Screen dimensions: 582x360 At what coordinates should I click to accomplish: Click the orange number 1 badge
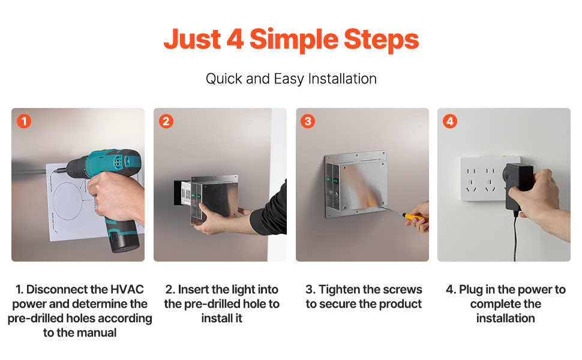pyautogui.click(x=24, y=121)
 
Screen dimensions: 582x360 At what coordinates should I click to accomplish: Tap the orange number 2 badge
pyautogui.click(x=166, y=121)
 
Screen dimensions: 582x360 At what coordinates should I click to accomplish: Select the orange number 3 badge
pyautogui.click(x=308, y=121)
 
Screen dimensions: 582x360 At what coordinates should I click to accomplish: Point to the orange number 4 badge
pyautogui.click(x=450, y=121)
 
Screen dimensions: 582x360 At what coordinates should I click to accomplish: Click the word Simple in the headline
pyautogui.click(x=293, y=40)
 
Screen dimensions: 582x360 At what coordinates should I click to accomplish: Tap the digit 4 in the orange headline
pyautogui.click(x=235, y=38)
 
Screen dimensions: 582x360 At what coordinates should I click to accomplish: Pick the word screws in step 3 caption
pyautogui.click(x=404, y=290)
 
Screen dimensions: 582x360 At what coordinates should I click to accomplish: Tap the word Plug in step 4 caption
pyautogui.click(x=475, y=290)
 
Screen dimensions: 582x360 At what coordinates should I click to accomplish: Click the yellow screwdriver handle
pyautogui.click(x=413, y=217)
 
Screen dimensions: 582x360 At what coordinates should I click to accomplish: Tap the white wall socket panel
pyautogui.click(x=483, y=179)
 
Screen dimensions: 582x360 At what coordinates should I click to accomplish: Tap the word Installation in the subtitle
pyautogui.click(x=342, y=79)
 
